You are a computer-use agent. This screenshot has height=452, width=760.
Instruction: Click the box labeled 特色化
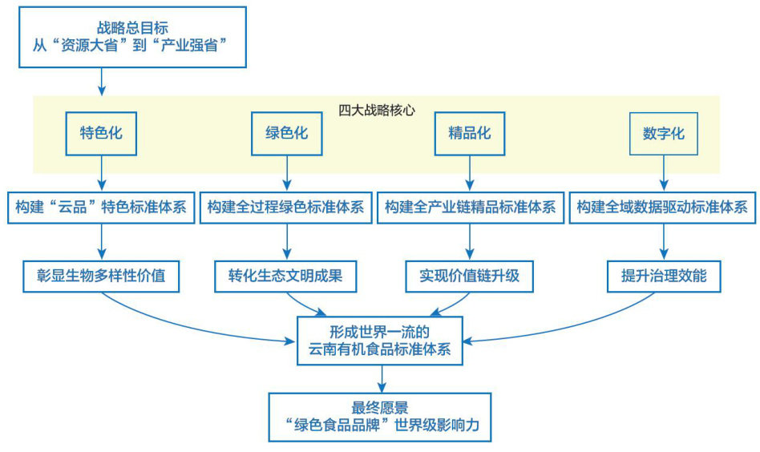tap(101, 133)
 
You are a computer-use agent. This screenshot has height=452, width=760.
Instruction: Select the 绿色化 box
tap(287, 133)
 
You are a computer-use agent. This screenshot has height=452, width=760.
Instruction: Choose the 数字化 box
tap(663, 133)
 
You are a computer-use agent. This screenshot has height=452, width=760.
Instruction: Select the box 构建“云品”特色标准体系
tap(100, 208)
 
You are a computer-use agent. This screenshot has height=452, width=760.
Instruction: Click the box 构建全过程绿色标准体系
tap(285, 208)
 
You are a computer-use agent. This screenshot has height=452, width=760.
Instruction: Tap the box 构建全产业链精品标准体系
tap(469, 208)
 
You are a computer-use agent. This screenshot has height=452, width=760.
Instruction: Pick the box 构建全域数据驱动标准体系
tap(662, 208)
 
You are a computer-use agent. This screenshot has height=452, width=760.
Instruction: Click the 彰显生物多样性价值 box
tap(100, 276)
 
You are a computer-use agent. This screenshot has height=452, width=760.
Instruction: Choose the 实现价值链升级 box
tap(469, 276)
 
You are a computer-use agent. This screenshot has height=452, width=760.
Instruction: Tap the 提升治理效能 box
tap(663, 276)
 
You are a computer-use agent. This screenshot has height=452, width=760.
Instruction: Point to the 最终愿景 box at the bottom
tap(380, 417)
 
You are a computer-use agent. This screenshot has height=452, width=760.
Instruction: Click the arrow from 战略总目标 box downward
tap(101, 80)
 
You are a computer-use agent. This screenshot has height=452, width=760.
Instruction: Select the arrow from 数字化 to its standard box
tap(663, 173)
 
